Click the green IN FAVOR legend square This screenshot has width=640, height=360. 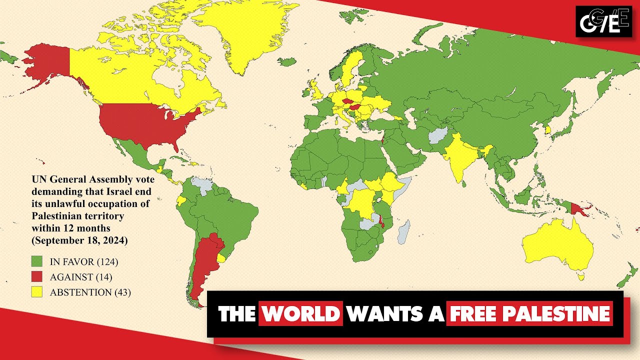pos(37,261)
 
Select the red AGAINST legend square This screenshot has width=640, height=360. pos(37,276)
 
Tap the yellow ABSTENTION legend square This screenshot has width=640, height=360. pos(37,292)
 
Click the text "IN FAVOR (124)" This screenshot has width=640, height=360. pos(83,261)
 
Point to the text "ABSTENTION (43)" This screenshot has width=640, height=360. pos(90,292)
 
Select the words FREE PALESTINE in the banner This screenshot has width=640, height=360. pos(529,313)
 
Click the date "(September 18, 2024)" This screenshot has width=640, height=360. pos(79,240)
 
